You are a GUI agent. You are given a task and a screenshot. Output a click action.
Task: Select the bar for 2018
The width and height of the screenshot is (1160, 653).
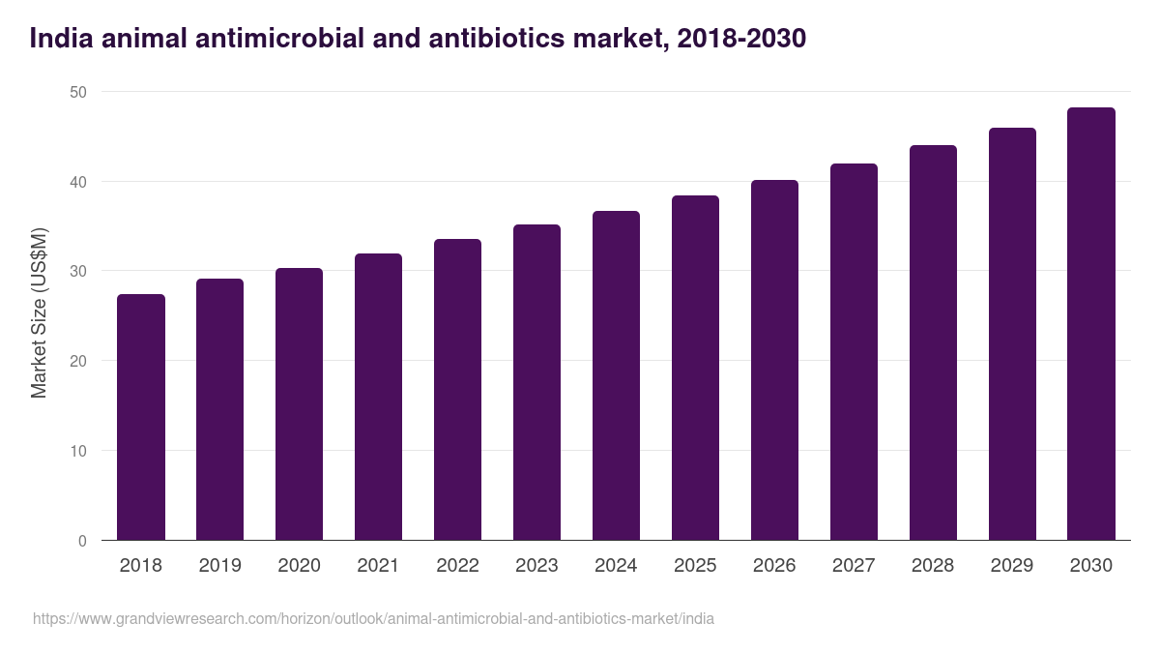pyautogui.click(x=141, y=417)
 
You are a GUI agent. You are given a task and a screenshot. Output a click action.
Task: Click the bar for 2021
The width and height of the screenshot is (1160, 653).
pyautogui.click(x=378, y=397)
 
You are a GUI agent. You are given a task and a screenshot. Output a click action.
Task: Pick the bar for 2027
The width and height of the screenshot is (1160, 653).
pyautogui.click(x=854, y=352)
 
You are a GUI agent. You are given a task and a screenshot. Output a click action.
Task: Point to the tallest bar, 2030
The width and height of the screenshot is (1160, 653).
pyautogui.click(x=1091, y=324)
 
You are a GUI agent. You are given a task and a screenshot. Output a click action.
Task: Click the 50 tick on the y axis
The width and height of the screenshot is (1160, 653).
pyautogui.click(x=77, y=92)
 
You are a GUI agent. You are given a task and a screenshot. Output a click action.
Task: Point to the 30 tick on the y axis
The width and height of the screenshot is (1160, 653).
pyautogui.click(x=77, y=272)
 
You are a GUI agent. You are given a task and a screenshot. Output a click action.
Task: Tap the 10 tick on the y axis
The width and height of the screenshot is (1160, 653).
pyautogui.click(x=77, y=452)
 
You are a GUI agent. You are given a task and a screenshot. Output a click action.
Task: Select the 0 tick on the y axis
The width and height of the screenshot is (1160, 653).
pyautogui.click(x=82, y=541)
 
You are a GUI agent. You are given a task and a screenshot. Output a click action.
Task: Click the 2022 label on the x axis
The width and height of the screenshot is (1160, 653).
pyautogui.click(x=457, y=566)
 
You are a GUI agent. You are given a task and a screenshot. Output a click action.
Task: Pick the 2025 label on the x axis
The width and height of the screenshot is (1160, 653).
pyautogui.click(x=695, y=566)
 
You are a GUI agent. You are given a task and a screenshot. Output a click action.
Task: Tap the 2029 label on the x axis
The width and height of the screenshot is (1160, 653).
pyautogui.click(x=1012, y=566)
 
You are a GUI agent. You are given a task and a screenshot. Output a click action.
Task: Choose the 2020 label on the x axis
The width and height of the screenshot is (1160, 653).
pyautogui.click(x=299, y=566)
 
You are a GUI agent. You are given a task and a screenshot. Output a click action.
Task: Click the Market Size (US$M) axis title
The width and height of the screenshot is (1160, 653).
pyautogui.click(x=39, y=312)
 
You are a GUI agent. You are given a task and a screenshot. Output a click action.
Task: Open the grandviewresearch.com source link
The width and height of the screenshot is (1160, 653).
pyautogui.click(x=373, y=618)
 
